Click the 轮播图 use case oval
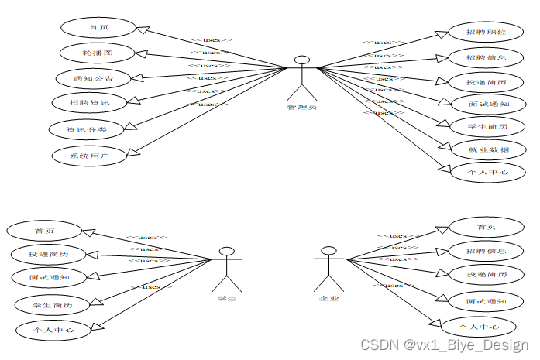pyautogui.click(x=98, y=53)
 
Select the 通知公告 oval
pyautogui.click(x=92, y=78)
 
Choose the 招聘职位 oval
pyautogui.click(x=487, y=33)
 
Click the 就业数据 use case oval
pyautogui.click(x=488, y=149)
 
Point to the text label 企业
pyautogui.click(x=329, y=298)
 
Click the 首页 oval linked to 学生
pyautogui.click(x=43, y=230)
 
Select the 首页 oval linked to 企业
pyautogui.click(x=487, y=227)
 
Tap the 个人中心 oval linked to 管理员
pyautogui.click(x=488, y=172)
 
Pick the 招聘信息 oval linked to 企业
pyautogui.click(x=487, y=251)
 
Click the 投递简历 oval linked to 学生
pyautogui.click(x=49, y=253)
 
